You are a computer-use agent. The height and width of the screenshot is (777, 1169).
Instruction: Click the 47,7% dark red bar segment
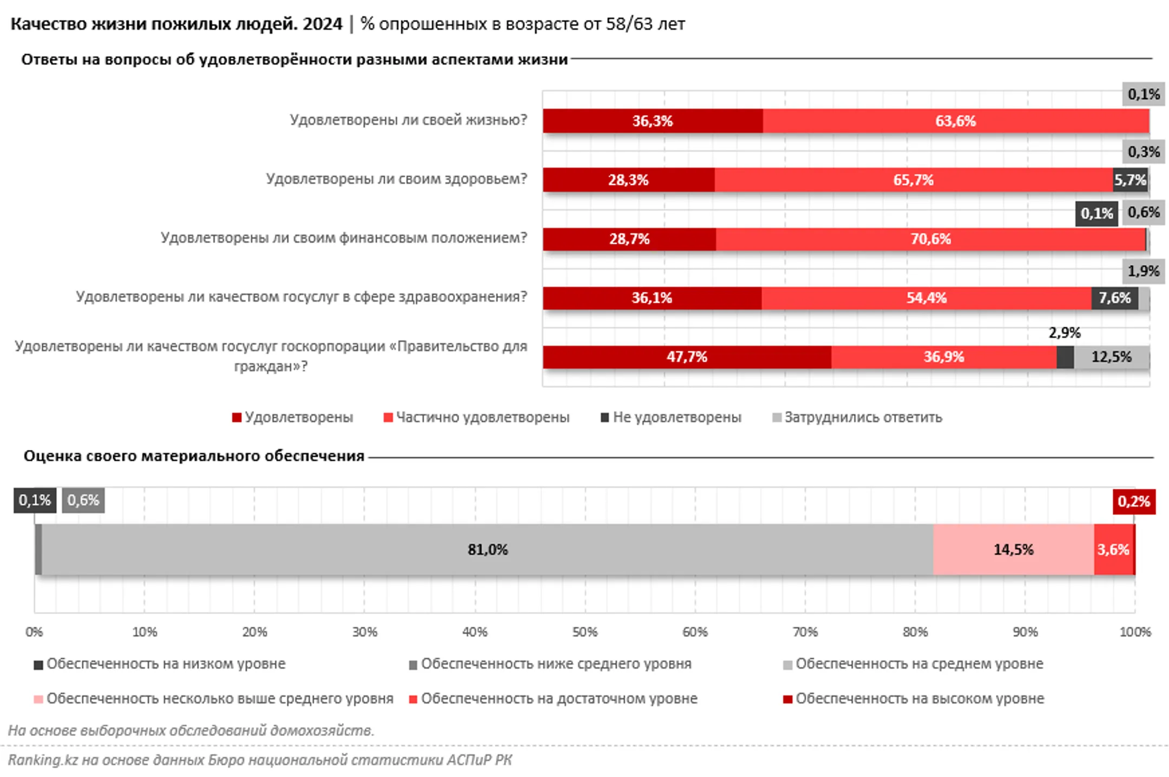687,357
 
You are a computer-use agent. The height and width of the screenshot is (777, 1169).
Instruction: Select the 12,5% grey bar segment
1111,357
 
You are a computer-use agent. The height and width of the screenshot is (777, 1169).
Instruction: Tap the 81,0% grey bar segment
487,549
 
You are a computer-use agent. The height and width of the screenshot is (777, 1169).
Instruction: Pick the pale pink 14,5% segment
1013,549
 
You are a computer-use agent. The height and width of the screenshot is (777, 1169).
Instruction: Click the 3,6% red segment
1113,549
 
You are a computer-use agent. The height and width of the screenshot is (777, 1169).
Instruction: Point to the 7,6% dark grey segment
1114,298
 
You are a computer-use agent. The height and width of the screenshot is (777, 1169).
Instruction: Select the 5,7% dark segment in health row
1129,180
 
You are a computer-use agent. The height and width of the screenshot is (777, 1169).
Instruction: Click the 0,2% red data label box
1133,501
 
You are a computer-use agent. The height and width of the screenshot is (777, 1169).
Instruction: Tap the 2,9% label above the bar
1064,333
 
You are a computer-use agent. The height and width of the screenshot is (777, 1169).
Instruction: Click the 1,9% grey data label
1143,271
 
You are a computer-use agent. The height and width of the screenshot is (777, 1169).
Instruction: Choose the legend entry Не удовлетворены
677,417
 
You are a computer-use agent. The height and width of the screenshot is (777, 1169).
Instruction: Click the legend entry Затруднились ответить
863,417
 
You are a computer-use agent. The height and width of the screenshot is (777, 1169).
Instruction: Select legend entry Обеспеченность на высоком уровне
919,699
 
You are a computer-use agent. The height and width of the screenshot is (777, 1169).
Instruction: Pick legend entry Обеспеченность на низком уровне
165,664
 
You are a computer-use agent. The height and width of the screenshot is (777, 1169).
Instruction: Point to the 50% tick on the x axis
584,632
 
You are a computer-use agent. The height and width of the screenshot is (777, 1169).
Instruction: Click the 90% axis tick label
1025,632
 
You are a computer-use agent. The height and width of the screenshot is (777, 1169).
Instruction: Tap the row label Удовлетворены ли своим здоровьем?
396,179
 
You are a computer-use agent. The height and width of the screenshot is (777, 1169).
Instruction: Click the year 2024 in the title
323,24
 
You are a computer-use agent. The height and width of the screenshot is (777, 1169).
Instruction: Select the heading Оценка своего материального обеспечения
194,456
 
